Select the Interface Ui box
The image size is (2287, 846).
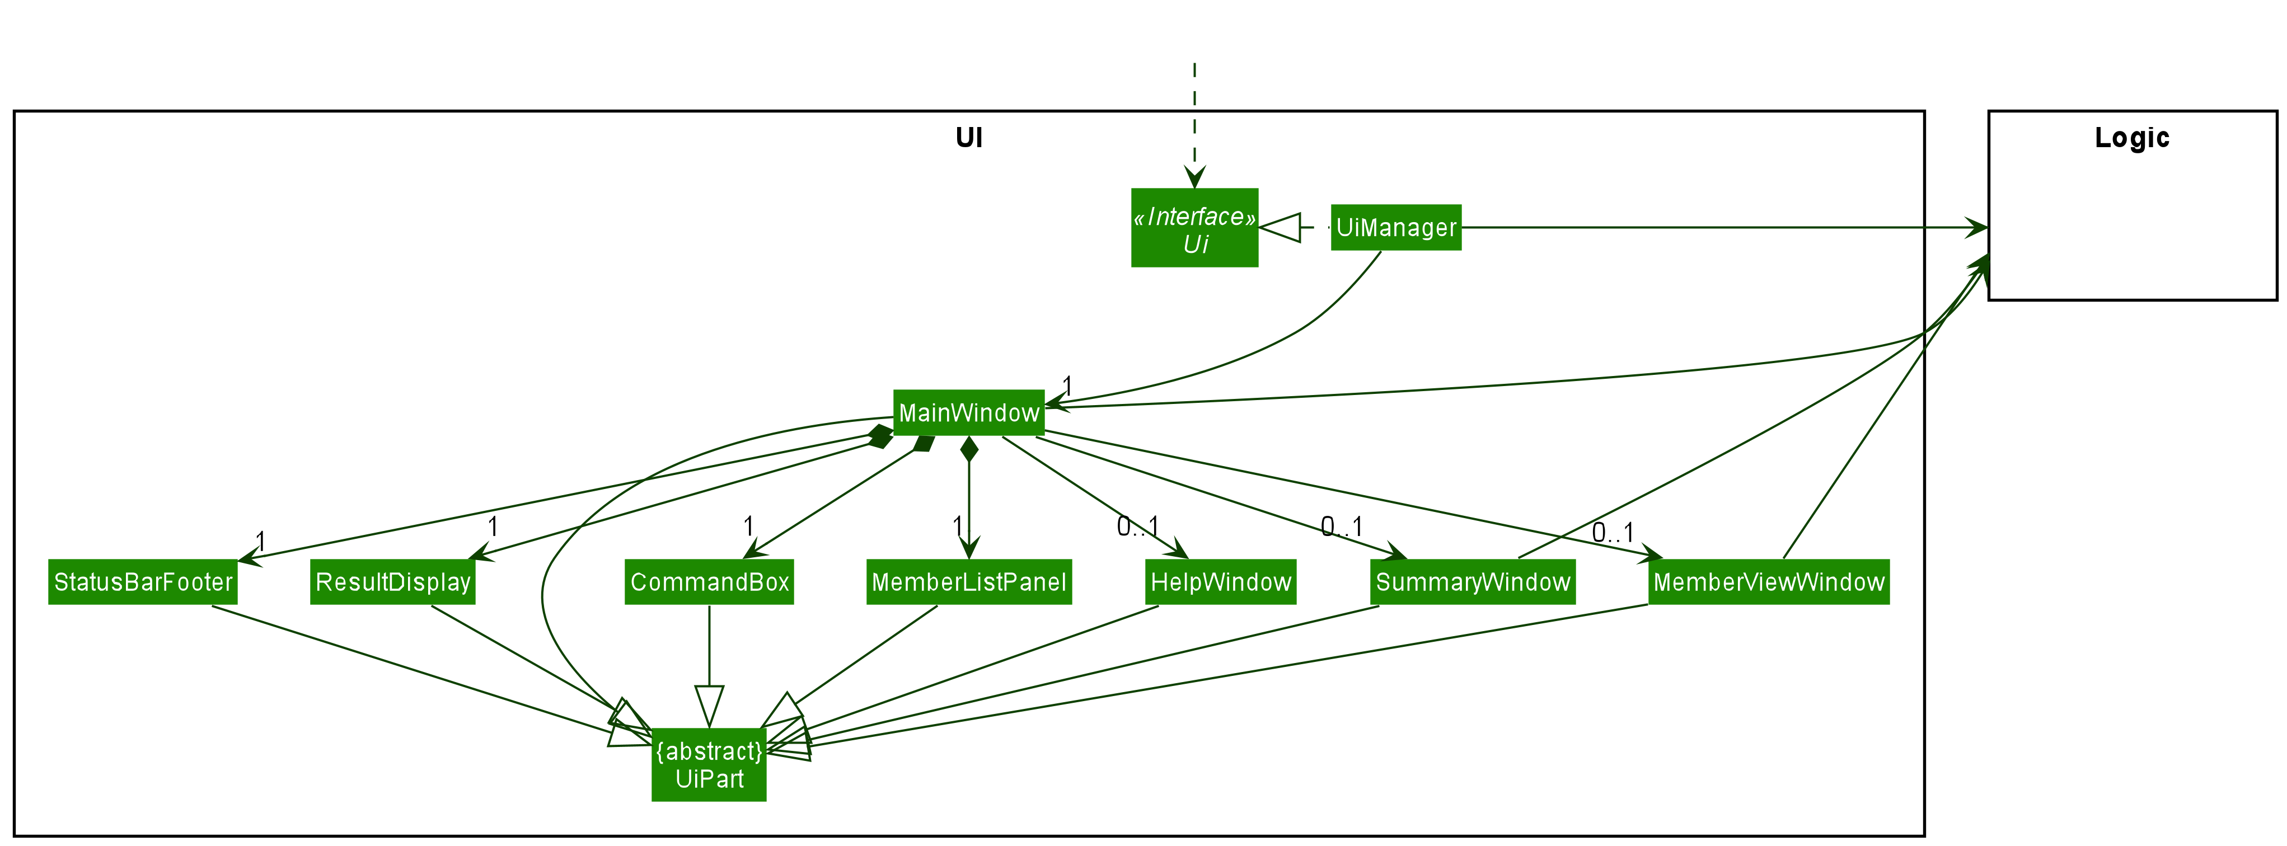pos(1194,228)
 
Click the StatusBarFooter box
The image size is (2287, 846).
pos(143,582)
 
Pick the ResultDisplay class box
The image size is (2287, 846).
pos(392,582)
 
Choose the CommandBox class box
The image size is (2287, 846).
pos(709,582)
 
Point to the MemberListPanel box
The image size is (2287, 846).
pos(969,582)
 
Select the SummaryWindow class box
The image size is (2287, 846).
pos(1472,582)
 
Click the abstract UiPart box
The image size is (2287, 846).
pos(709,765)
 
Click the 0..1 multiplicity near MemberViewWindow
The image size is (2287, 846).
pos(1611,533)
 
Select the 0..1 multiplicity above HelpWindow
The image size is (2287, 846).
pos(1137,527)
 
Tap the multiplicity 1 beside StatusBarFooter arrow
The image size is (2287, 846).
pos(260,540)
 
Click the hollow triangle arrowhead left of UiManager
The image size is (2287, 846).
pos(1280,228)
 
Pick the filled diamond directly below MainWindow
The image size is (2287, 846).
pos(969,449)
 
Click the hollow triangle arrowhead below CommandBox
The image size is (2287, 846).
pos(709,706)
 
